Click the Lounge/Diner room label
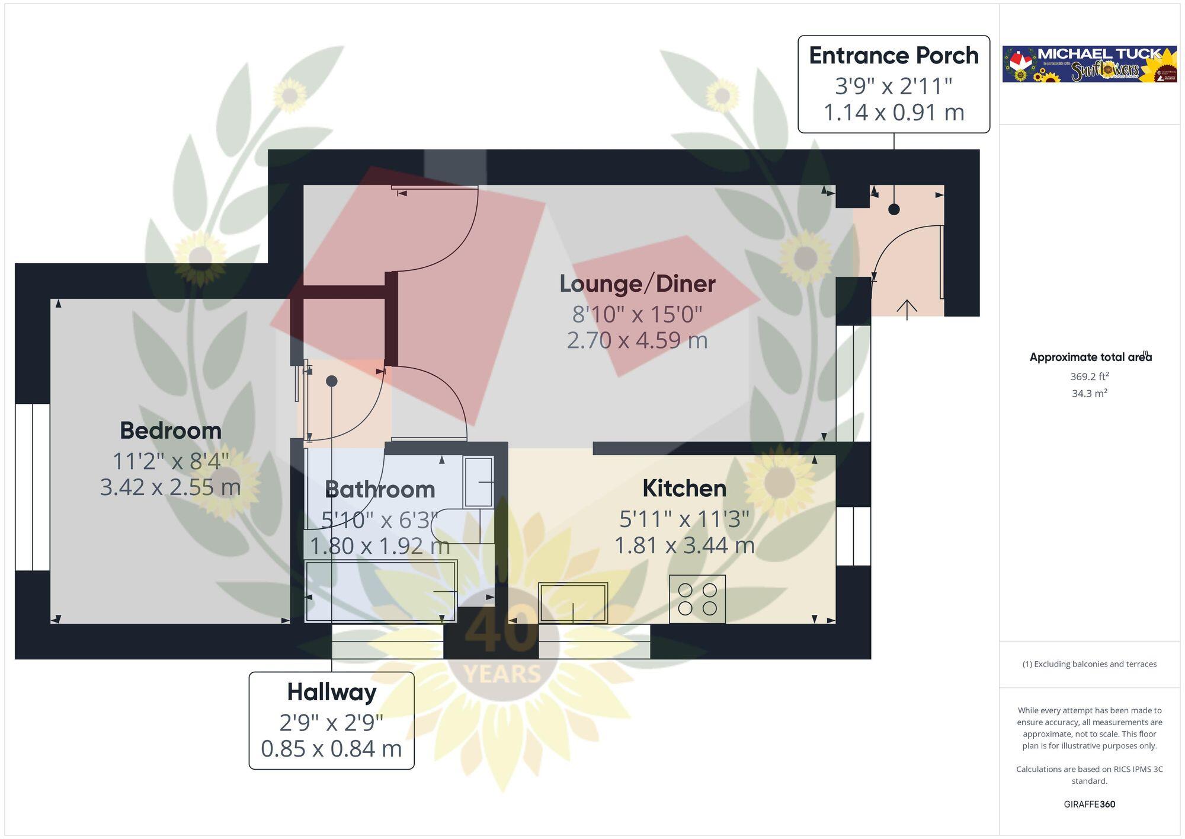pyautogui.click(x=637, y=284)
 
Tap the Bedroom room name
pyautogui.click(x=171, y=430)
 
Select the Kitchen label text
pyautogui.click(x=684, y=489)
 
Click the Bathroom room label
pyautogui.click(x=380, y=490)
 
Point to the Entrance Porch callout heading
pyautogui.click(x=893, y=56)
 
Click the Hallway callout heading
pyautogui.click(x=331, y=692)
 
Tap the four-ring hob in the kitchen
pyautogui.click(x=697, y=599)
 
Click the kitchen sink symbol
pyautogui.click(x=573, y=602)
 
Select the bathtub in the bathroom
pyautogui.click(x=380, y=591)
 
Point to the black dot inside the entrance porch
pyautogui.click(x=893, y=209)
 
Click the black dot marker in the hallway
pyautogui.click(x=332, y=381)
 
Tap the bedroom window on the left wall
pyautogui.click(x=33, y=487)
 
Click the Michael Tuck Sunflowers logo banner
pyautogui.click(x=1089, y=64)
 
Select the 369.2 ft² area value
pyautogui.click(x=1089, y=377)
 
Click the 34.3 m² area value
pyautogui.click(x=1089, y=393)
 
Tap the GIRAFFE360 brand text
pyautogui.click(x=1089, y=804)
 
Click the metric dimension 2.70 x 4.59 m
pyautogui.click(x=637, y=341)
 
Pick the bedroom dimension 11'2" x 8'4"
pyautogui.click(x=171, y=461)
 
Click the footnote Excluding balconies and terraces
pyautogui.click(x=1089, y=664)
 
